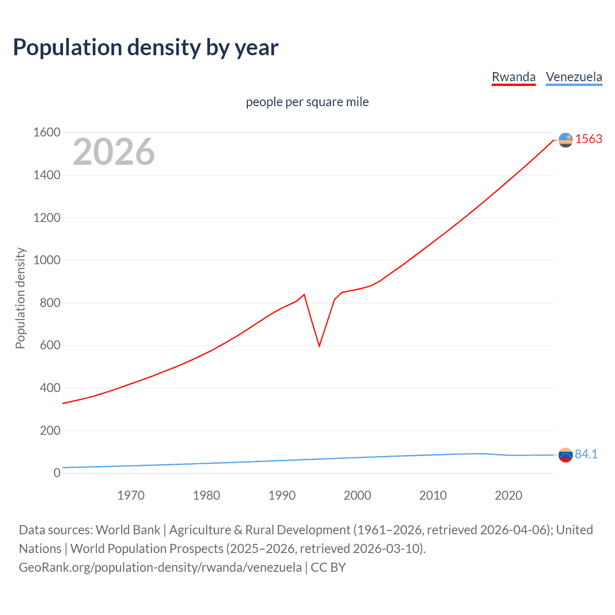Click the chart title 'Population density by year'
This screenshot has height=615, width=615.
pyautogui.click(x=146, y=48)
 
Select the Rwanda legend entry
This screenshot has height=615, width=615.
pyautogui.click(x=513, y=77)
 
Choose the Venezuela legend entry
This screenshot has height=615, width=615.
pyautogui.click(x=574, y=77)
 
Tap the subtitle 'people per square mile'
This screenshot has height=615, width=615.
pyautogui.click(x=307, y=102)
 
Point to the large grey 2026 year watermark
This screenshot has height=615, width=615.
pyautogui.click(x=114, y=152)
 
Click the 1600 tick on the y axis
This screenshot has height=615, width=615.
pyautogui.click(x=47, y=132)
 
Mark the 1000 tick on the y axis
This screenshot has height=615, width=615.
pyautogui.click(x=47, y=260)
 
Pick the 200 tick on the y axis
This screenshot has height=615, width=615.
pyautogui.click(x=50, y=430)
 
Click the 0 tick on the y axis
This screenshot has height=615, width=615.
pyautogui.click(x=57, y=473)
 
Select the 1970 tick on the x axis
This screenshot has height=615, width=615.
pyautogui.click(x=131, y=495)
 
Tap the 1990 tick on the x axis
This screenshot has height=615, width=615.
pyautogui.click(x=282, y=495)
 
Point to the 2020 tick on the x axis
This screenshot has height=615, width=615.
pyautogui.click(x=508, y=495)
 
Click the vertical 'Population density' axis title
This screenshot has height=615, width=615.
pyautogui.click(x=20, y=298)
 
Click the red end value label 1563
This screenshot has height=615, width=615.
pyautogui.click(x=589, y=139)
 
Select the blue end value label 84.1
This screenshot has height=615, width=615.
pyautogui.click(x=586, y=454)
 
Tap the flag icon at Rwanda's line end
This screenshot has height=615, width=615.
pyautogui.click(x=566, y=140)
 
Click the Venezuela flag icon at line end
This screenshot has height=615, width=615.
pyautogui.click(x=566, y=455)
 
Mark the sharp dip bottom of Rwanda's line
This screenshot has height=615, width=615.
pyautogui.click(x=319, y=345)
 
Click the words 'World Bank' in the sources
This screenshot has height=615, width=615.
pyautogui.click(x=128, y=530)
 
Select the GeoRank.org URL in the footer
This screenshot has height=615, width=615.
pyautogui.click(x=160, y=567)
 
